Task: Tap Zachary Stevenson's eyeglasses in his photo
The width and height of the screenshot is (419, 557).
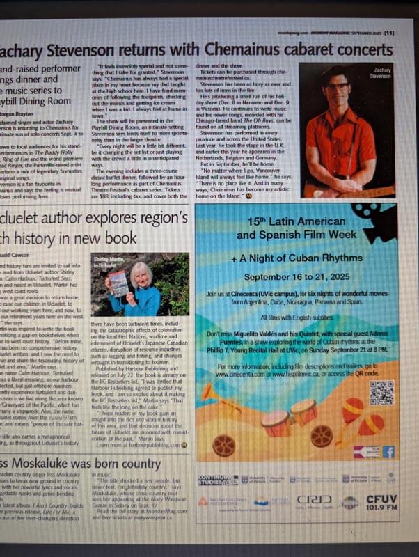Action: click(x=338, y=86)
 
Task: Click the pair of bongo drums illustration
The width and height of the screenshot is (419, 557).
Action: click(x=290, y=417)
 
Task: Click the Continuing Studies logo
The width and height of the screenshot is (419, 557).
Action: click(x=219, y=480)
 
